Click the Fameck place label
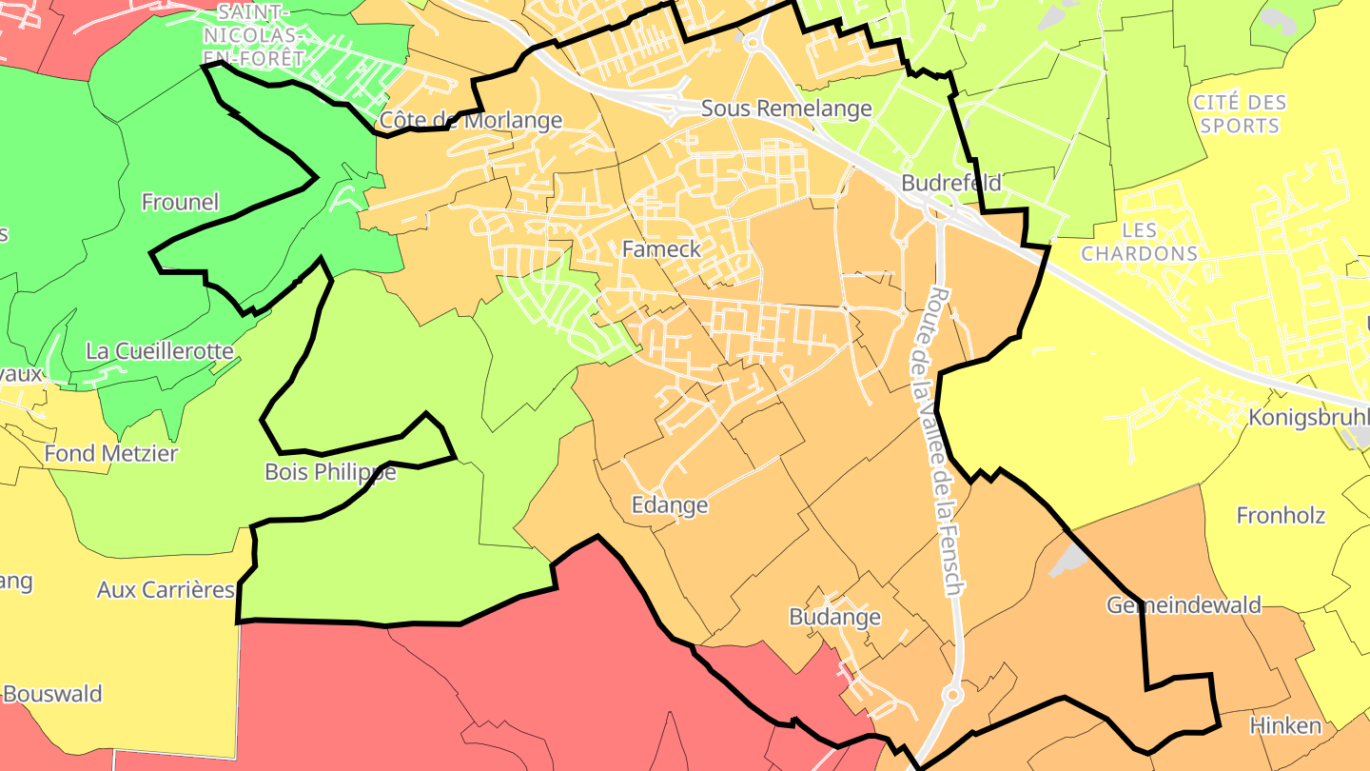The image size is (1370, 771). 661,249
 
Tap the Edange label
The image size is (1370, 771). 670,504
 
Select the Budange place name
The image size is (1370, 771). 834,617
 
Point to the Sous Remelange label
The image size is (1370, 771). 786,109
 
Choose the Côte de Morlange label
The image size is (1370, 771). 471,121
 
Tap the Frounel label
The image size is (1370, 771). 180,202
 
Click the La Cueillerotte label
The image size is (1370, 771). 160,351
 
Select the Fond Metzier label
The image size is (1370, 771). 111,453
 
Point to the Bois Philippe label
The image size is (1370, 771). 329,472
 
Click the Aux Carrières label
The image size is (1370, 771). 166,590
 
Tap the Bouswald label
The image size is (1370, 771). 52,693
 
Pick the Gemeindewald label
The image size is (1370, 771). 1184,605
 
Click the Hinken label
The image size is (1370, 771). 1285,725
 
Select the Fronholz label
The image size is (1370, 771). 1281,516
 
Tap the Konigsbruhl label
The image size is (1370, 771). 1308,418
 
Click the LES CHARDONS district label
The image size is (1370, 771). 1139,242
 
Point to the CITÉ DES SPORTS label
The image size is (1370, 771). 1239,113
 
